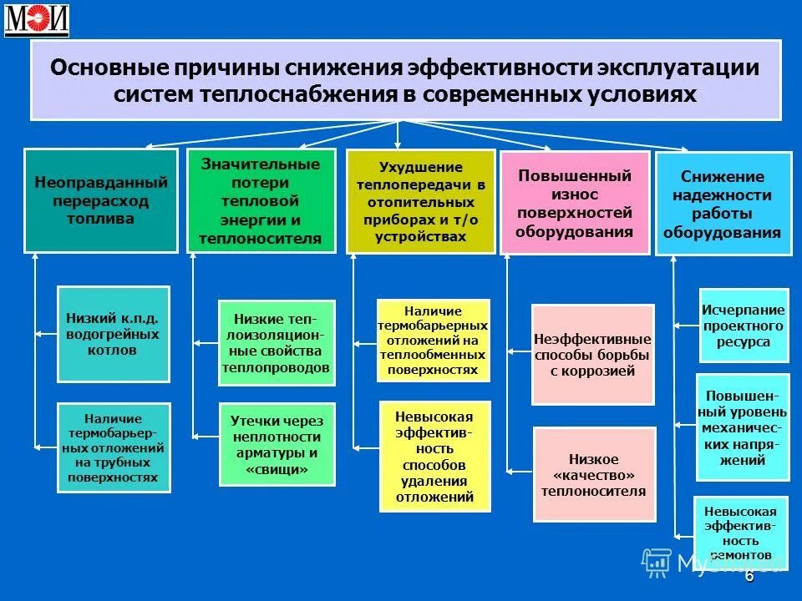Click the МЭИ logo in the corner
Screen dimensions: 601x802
point(37,21)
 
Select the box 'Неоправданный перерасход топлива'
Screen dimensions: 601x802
point(101,200)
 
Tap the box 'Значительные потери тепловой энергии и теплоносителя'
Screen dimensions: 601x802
point(261,200)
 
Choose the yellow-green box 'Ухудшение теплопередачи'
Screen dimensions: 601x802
point(420,201)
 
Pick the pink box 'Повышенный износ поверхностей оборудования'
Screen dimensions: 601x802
point(574,203)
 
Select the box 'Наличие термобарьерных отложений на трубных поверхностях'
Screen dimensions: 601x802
point(113,447)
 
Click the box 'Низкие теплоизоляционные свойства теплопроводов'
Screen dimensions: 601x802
point(276,342)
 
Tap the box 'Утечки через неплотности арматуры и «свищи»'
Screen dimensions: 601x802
point(276,445)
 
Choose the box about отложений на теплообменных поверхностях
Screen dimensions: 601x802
point(432,340)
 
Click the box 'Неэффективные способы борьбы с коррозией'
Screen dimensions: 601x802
point(592,355)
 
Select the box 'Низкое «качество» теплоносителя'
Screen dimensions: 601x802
point(592,475)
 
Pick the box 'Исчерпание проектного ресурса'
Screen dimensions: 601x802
point(743,325)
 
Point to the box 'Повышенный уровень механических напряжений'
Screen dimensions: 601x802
point(742,427)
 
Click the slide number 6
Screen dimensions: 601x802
point(749,577)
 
